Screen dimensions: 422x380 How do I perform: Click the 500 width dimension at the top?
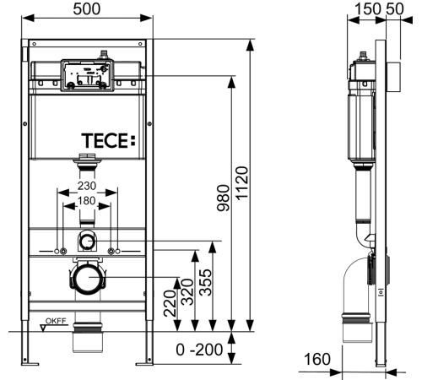point(87,8)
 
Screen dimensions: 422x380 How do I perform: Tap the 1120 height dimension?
point(242,183)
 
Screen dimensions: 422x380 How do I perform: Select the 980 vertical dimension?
point(224,198)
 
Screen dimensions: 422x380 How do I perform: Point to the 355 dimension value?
point(205,282)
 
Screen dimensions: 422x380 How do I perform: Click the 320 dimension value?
point(187,292)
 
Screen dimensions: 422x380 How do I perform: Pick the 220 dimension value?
point(170,303)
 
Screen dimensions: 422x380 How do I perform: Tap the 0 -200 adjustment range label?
point(199,350)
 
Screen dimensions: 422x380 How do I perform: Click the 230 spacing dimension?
point(87,186)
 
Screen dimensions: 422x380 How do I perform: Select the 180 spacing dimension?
point(87,201)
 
